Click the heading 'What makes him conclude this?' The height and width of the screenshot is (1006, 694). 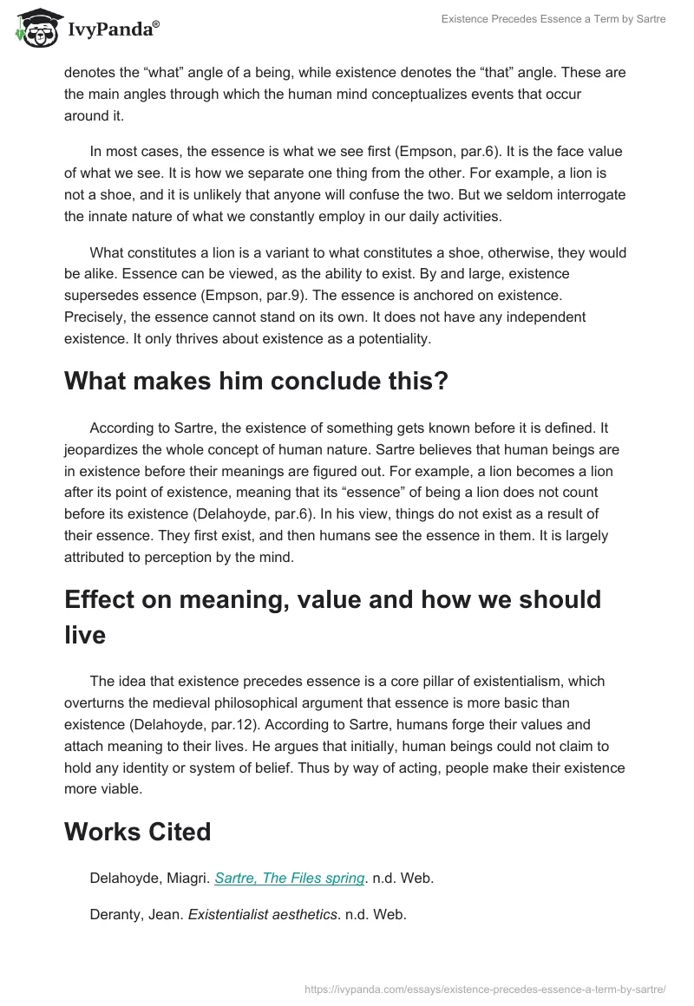(x=256, y=381)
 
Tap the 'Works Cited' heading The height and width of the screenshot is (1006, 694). (x=137, y=832)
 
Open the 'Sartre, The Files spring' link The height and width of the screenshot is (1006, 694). (x=289, y=879)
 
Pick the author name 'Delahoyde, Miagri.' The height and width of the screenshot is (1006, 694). (x=148, y=879)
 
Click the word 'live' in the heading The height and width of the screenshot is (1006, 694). (x=85, y=635)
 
